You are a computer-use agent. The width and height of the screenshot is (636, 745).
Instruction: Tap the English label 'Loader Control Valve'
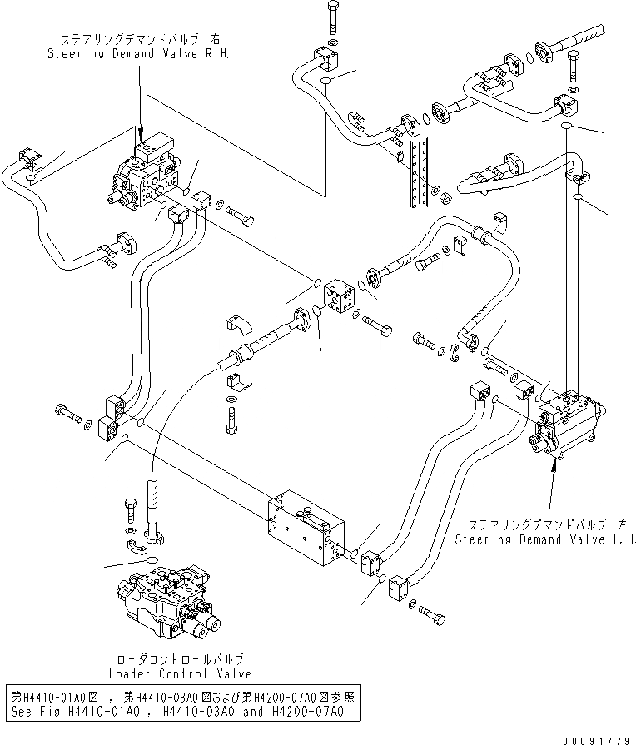(180, 673)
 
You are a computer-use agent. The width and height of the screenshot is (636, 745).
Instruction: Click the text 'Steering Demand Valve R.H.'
(138, 53)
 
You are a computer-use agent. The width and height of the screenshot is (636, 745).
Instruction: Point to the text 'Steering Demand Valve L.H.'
(545, 539)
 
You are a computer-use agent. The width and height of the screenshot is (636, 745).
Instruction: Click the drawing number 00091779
(596, 740)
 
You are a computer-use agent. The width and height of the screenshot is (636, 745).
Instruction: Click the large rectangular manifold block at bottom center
(306, 528)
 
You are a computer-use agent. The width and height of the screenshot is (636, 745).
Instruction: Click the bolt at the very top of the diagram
(332, 17)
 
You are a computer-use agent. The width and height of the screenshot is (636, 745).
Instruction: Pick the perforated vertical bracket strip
(420, 173)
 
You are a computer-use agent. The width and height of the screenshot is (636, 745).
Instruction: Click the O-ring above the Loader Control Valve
(152, 559)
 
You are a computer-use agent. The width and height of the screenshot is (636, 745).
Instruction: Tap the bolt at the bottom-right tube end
(433, 616)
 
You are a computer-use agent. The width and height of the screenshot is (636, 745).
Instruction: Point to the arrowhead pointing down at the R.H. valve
(140, 130)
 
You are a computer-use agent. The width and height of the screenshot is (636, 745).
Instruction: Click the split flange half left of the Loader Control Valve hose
(135, 547)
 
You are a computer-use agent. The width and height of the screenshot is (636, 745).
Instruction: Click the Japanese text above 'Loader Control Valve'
(180, 659)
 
